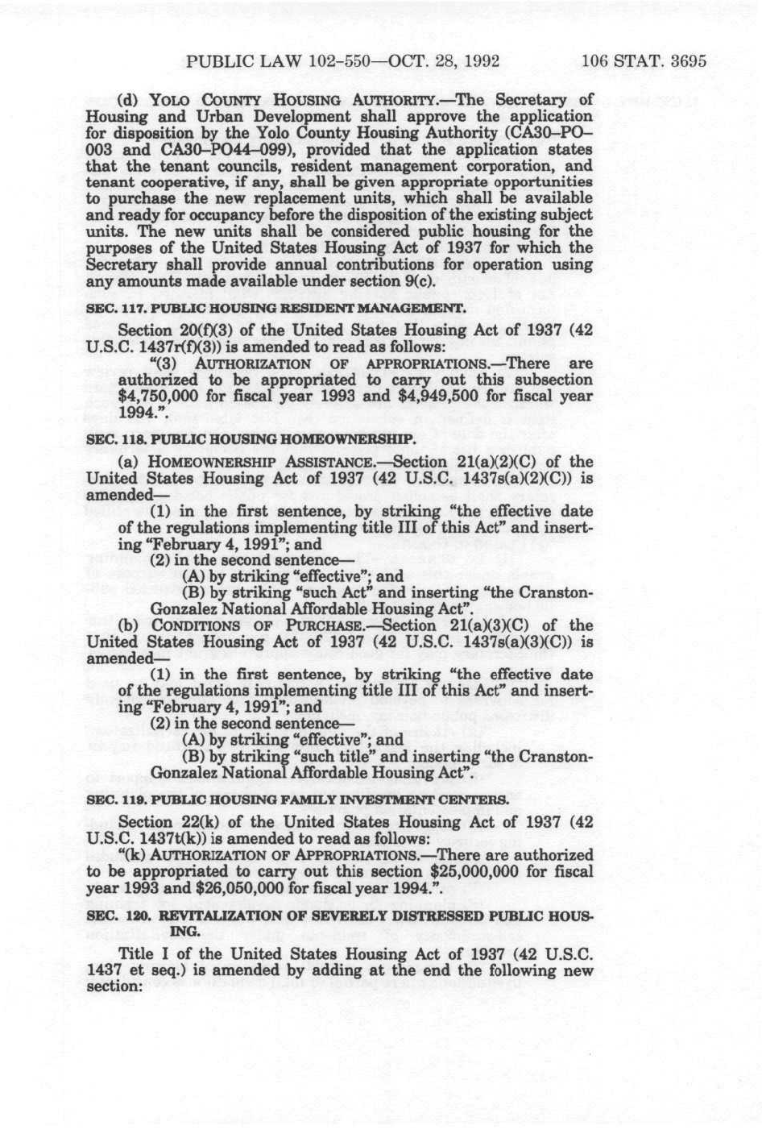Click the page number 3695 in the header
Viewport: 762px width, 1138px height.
[x=682, y=60]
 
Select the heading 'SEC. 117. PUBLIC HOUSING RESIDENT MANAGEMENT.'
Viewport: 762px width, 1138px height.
[x=275, y=308]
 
